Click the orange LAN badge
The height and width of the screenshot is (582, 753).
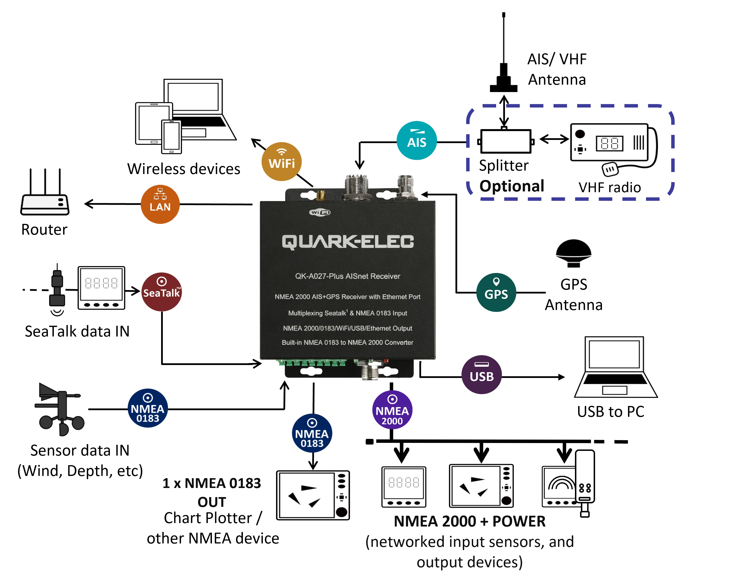tap(160, 204)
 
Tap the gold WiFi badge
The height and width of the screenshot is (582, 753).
tap(281, 162)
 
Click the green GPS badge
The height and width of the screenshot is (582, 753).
tap(496, 293)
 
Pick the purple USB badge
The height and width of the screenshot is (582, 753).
tap(482, 375)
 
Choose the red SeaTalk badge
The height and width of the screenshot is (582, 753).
tap(161, 292)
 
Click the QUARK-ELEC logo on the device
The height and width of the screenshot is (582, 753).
tap(348, 242)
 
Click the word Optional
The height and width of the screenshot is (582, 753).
tap(512, 186)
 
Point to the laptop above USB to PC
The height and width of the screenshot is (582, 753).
tap(616, 367)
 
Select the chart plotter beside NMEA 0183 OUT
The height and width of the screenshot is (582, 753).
tap(313, 495)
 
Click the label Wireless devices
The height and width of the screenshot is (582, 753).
tap(184, 169)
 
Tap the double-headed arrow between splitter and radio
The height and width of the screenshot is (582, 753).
tap(554, 139)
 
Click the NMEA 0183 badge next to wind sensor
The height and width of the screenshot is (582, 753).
tap(148, 408)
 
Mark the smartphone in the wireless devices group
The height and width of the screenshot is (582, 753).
tap(171, 137)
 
